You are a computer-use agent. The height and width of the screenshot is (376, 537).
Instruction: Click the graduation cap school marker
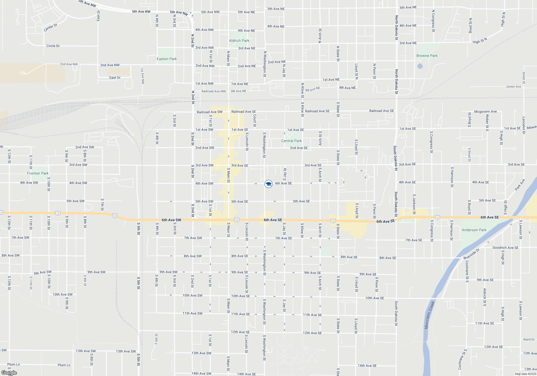point(268,184)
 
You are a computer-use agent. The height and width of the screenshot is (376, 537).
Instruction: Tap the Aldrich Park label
point(239,41)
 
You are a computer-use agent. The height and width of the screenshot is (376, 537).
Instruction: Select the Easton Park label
point(167,59)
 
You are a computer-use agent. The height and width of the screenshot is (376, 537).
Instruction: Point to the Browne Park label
point(427,56)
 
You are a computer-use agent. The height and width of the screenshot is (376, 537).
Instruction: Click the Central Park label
point(291,141)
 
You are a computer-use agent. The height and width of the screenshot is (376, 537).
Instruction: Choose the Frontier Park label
point(38,173)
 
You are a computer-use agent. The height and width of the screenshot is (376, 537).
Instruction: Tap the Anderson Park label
point(474,230)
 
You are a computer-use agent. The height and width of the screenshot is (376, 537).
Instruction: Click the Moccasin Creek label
point(430,315)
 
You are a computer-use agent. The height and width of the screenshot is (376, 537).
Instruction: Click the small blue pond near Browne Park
point(420,66)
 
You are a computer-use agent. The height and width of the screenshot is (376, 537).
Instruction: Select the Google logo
point(9,373)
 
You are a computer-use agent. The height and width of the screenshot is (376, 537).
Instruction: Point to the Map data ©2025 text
point(525,374)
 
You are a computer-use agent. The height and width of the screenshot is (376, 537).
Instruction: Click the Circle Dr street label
point(53,46)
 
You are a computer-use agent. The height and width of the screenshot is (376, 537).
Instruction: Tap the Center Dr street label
point(50,28)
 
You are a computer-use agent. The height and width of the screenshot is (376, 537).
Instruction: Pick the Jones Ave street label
point(513,86)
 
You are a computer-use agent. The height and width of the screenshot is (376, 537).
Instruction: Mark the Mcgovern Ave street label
point(485,111)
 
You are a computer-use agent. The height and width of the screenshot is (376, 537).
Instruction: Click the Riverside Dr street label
point(471,254)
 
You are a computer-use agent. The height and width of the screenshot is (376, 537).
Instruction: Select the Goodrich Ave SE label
point(505,248)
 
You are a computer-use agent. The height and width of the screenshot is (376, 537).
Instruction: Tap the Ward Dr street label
point(529,339)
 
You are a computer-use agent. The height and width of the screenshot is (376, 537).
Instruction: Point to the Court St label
point(255,121)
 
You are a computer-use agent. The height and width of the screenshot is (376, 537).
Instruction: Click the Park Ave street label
point(520,185)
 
